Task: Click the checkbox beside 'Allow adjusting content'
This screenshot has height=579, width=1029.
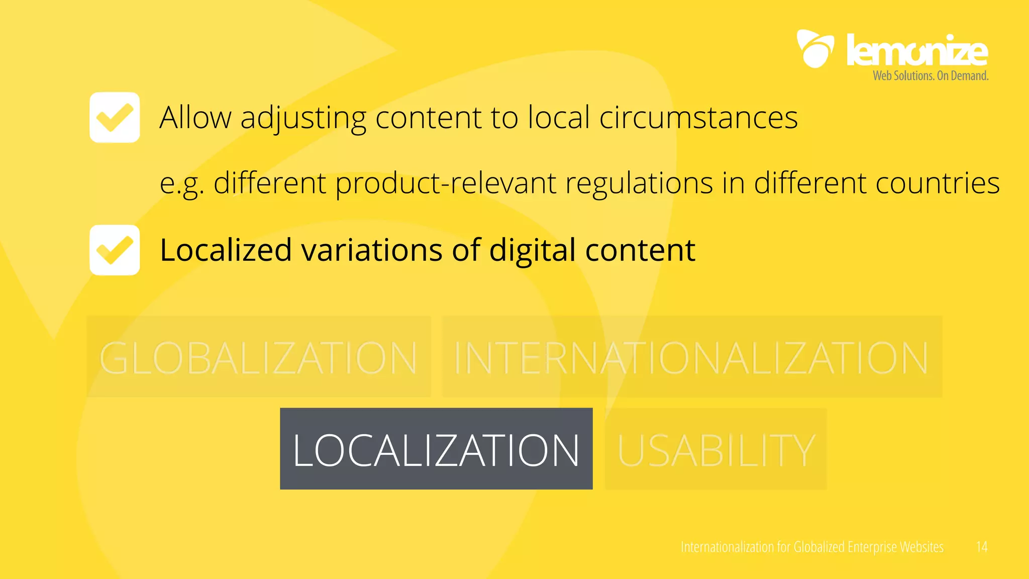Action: [115, 117]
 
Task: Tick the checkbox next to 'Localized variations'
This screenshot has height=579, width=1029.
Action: [115, 250]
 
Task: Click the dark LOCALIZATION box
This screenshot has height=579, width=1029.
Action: [436, 448]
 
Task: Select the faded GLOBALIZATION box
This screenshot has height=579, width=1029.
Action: [258, 357]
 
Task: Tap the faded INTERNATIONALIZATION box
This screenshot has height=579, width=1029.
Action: [691, 357]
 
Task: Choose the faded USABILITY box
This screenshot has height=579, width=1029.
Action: [715, 449]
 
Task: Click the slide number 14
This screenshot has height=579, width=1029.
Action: [981, 547]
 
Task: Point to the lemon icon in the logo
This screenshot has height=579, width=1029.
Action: [815, 49]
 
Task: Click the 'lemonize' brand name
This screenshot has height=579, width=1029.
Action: [917, 50]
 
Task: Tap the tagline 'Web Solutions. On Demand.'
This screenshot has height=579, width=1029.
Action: [931, 76]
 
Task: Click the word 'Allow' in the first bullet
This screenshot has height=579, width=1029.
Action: [195, 118]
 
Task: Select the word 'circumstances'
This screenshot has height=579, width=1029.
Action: [698, 118]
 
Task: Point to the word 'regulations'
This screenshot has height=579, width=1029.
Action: [639, 183]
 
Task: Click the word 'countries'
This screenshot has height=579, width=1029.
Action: [938, 183]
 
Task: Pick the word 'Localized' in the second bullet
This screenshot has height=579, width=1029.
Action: [226, 250]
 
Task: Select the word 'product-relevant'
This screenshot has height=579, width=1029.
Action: [446, 183]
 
